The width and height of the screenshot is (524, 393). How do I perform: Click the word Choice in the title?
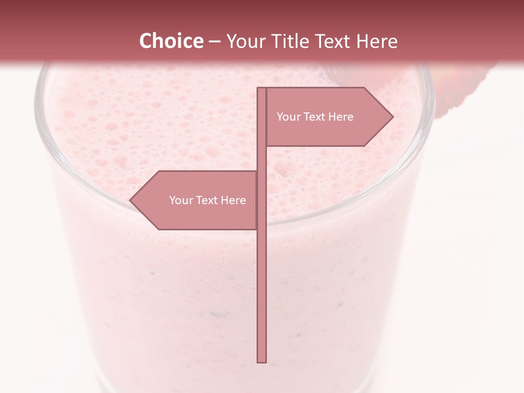171,41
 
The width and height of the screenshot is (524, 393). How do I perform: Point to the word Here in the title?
377,41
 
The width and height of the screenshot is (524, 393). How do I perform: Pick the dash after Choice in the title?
215,41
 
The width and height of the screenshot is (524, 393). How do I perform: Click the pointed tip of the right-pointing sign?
392,116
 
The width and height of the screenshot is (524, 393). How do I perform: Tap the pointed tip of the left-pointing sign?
130,200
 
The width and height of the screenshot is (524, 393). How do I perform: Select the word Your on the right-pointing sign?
288,117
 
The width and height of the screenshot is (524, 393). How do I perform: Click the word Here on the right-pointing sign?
341,117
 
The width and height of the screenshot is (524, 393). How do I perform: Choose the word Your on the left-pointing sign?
181,200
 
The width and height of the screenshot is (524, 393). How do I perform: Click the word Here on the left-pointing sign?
233,200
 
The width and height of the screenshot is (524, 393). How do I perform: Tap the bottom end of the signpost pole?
261,361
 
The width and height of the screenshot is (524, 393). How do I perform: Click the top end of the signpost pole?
261,89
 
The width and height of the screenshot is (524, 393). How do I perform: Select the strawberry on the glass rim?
464,87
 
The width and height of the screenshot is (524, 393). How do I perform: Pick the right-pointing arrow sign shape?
327,131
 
